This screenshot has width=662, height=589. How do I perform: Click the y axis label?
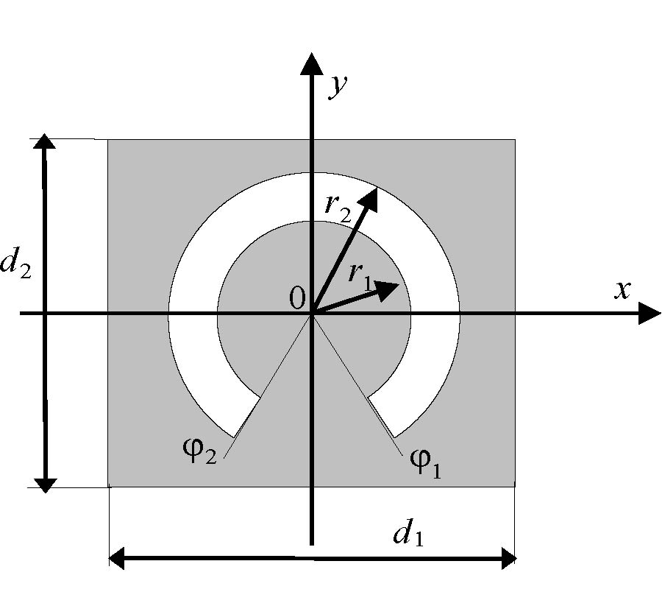337,87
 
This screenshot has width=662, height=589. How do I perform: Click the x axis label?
622,290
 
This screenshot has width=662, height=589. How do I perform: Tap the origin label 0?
296,297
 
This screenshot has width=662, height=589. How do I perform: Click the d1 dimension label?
408,535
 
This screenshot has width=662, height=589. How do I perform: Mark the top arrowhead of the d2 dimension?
45,143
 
